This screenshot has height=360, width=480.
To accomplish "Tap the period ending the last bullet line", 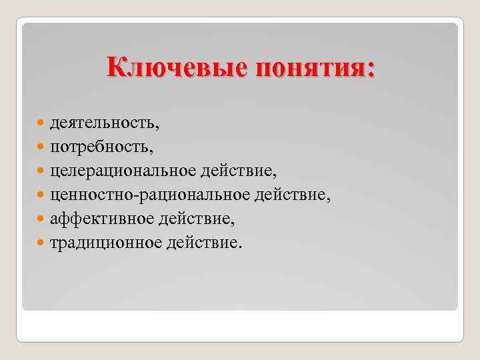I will pos(241,246).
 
